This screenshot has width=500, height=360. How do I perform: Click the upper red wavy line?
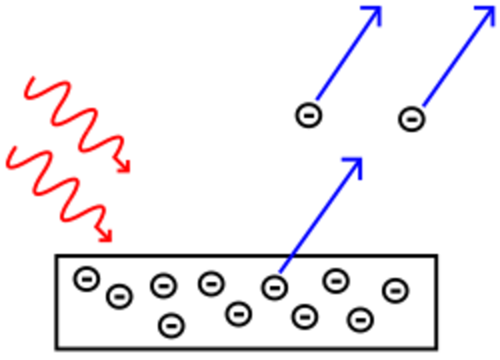[78, 121]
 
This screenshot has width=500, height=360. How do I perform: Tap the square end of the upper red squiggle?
[125, 166]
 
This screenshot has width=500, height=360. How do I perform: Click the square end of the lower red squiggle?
[108, 234]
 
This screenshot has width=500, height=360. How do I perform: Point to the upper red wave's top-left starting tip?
[30, 80]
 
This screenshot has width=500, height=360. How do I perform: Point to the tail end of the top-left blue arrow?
[316, 98]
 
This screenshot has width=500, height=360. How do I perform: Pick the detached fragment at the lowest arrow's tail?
[282, 268]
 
